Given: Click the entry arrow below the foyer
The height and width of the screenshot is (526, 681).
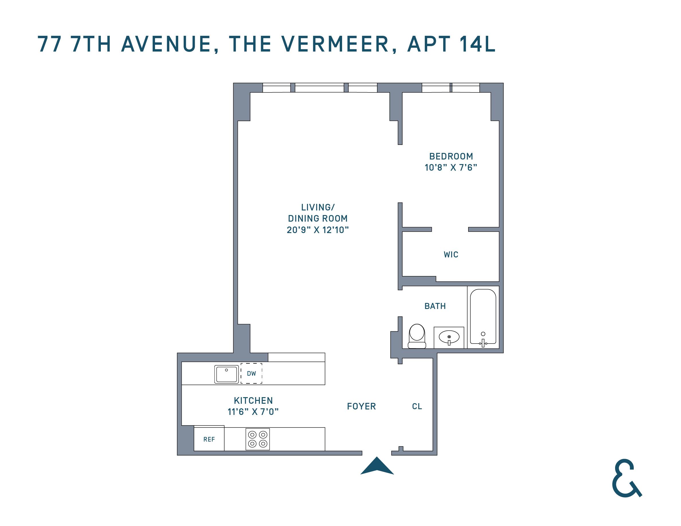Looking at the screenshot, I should tap(377, 467).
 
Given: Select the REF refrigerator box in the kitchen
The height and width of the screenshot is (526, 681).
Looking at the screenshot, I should tap(209, 439).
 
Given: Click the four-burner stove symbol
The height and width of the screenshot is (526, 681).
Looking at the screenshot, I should tap(258, 439).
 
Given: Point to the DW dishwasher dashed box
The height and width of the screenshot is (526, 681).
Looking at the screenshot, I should tap(251, 373).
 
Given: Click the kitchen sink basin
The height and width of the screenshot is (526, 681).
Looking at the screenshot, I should tap(227, 374).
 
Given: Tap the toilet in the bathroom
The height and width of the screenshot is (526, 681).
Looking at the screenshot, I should tap(417, 336).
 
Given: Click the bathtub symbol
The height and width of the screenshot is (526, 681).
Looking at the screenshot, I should tap(483, 316).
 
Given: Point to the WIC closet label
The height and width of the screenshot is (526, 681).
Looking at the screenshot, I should tap(451, 255).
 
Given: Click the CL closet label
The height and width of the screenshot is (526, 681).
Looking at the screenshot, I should tap(417, 406).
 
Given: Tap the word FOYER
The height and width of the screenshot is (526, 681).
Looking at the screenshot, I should tap(361, 406).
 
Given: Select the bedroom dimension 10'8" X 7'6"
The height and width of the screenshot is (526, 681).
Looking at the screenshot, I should tap(451, 168).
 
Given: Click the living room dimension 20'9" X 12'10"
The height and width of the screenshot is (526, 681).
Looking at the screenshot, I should tap(318, 230).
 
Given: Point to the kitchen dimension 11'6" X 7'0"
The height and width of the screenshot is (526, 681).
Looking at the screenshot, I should tap(253, 412).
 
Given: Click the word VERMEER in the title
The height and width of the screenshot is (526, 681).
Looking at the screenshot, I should tap(335, 44).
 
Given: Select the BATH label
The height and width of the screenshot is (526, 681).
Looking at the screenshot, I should tap(435, 306).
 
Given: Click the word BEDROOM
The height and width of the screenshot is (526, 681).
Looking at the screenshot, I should tap(451, 156).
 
